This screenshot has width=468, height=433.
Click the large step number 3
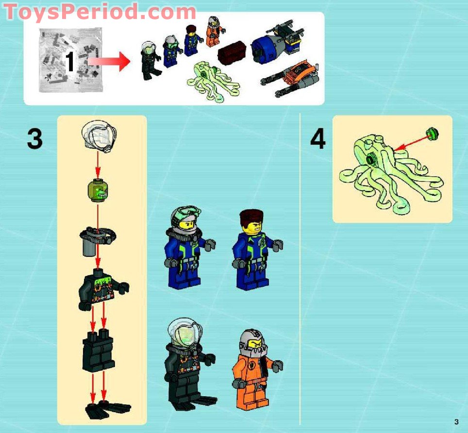(34, 139)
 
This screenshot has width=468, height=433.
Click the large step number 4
(318, 139)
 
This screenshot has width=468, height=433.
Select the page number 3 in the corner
(456, 421)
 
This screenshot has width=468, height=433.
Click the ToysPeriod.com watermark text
(100, 12)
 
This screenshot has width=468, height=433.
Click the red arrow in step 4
(410, 142)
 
